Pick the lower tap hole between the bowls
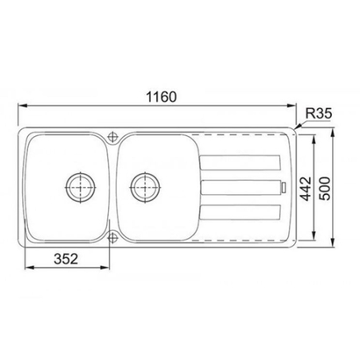pos(113,235)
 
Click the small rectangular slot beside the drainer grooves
pos(284,186)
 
